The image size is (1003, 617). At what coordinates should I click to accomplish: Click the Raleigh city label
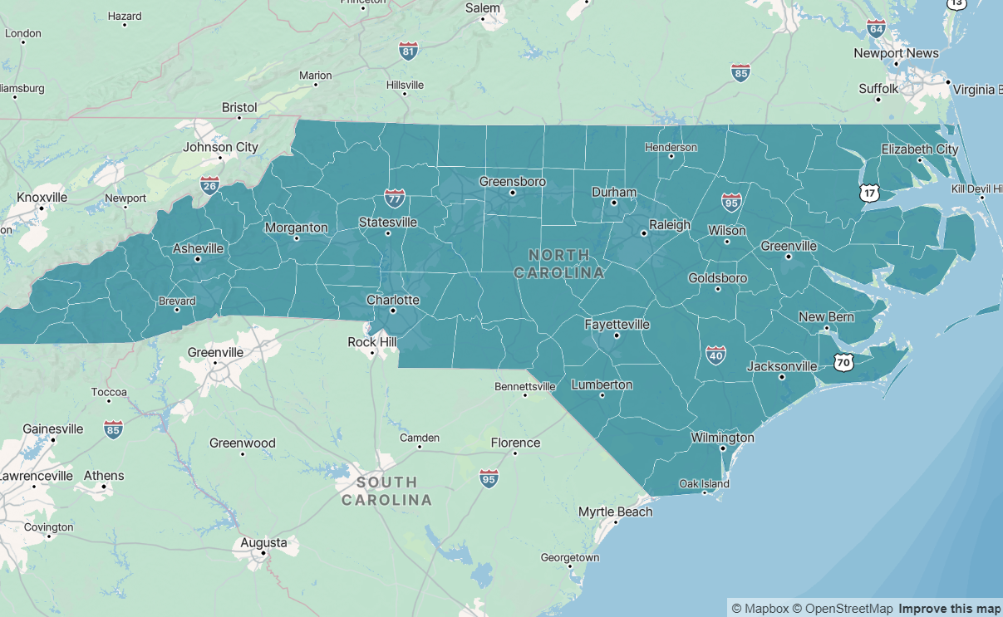(670, 224)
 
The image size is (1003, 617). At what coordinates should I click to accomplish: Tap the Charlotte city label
(393, 300)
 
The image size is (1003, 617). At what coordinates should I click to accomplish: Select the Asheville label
(198, 248)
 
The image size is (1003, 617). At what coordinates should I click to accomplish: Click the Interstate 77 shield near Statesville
(395, 198)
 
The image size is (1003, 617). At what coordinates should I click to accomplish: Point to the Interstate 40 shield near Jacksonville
(715, 355)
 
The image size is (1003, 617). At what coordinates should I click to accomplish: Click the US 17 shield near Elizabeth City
(869, 193)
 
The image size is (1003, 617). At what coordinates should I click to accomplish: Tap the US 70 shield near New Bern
(843, 363)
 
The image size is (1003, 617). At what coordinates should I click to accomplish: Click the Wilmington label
(723, 437)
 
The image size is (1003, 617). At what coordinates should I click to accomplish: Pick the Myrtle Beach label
(615, 512)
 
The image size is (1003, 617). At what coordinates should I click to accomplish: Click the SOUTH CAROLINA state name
(387, 491)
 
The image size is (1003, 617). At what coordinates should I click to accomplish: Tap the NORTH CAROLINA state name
(558, 263)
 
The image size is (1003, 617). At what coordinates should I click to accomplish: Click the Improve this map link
(949, 609)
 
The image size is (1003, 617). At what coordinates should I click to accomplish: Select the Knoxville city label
(42, 198)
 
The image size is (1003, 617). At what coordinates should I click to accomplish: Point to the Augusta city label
(263, 543)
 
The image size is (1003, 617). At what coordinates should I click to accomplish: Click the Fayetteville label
(617, 325)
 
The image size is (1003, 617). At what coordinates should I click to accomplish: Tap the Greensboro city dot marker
(513, 193)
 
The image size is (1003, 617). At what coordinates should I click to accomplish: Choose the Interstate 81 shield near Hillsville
(408, 51)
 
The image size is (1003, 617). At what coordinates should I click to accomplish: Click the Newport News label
(896, 53)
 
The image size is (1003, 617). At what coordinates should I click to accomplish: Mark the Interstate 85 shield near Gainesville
(114, 428)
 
